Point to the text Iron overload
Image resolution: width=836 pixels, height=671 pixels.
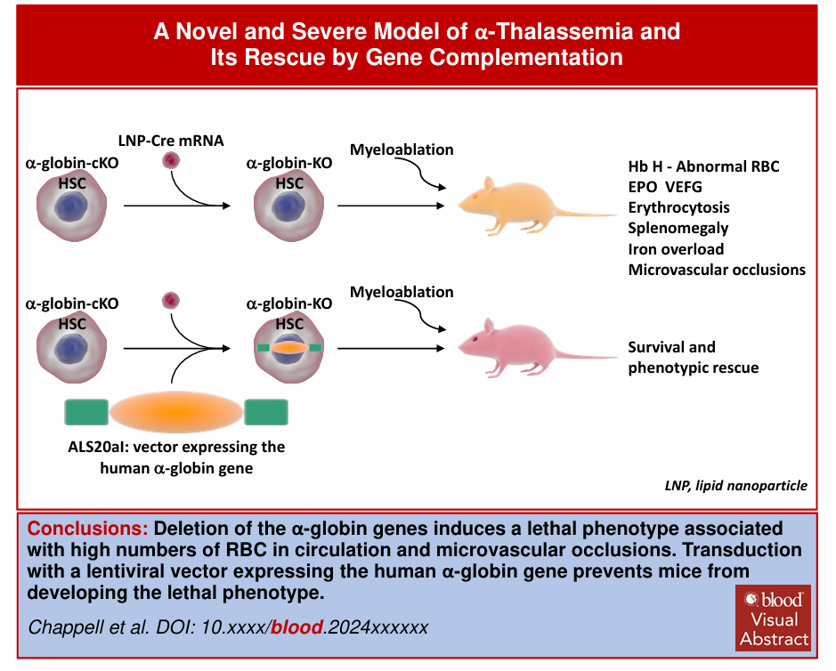tap(675, 249)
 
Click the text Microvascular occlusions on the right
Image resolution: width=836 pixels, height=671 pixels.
tap(716, 270)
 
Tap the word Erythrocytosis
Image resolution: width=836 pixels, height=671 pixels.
tap(678, 207)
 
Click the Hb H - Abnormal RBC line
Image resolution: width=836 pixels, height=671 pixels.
tap(704, 166)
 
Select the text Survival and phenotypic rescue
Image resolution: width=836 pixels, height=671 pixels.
tap(693, 357)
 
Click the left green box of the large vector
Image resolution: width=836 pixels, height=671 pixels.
tap(86, 412)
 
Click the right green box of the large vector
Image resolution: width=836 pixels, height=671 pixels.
tap(265, 412)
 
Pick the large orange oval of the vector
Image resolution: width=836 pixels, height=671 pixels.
tap(176, 412)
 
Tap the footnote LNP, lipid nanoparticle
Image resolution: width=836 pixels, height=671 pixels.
tap(735, 486)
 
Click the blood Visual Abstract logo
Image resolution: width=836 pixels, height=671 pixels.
tap(773, 617)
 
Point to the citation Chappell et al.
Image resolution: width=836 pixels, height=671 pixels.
tap(89, 627)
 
